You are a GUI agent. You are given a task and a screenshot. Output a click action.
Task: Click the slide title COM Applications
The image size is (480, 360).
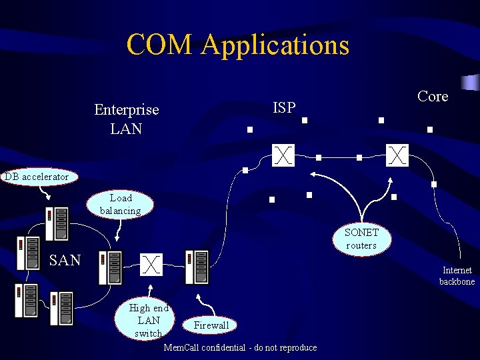[x=237, y=45]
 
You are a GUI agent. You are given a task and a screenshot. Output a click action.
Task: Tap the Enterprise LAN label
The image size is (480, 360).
[x=127, y=119]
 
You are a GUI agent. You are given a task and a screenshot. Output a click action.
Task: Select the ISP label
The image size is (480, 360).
[x=285, y=107]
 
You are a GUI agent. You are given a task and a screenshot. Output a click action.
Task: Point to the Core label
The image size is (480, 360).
[x=433, y=97]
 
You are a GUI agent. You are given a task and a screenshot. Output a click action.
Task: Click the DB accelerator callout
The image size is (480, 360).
[x=37, y=177]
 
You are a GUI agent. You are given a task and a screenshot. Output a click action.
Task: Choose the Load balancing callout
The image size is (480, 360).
[x=121, y=204]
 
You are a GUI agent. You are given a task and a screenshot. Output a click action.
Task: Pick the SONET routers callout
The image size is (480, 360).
[x=361, y=239]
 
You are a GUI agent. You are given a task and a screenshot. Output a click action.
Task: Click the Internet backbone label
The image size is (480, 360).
[x=457, y=276]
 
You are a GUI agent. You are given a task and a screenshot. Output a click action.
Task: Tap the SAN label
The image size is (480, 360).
[x=65, y=260]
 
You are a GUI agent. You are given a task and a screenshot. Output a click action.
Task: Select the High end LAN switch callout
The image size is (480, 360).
[x=148, y=320]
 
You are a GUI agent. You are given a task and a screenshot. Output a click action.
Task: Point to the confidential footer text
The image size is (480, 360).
[x=240, y=347]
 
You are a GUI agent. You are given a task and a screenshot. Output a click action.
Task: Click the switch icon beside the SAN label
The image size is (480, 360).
[x=152, y=264]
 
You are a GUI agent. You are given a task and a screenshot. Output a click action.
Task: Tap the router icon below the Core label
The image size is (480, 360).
[x=397, y=155]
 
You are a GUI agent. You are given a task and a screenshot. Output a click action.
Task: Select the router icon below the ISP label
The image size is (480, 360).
[x=284, y=155]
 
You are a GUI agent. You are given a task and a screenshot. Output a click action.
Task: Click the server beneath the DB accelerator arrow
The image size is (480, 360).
[x=57, y=223]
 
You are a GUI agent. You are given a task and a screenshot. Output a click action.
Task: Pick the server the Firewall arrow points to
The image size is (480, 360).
[x=196, y=267]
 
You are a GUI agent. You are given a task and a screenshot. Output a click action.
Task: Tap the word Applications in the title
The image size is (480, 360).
[x=275, y=45]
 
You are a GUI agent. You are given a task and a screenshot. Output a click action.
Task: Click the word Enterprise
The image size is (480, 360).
[x=127, y=109]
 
